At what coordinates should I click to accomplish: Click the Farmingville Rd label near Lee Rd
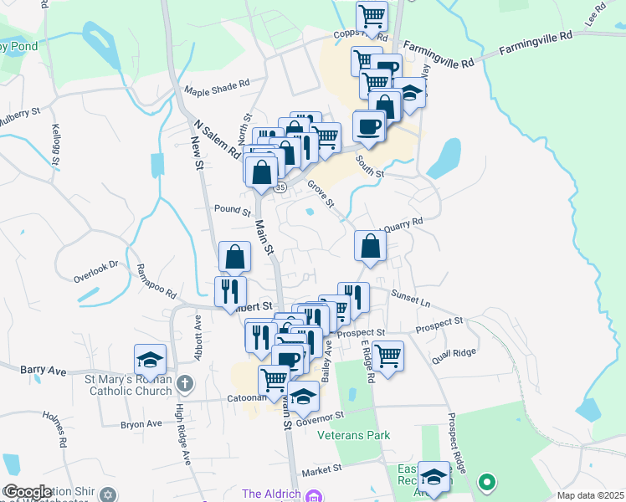pos(536,43)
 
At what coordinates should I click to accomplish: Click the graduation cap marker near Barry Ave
pos(149,360)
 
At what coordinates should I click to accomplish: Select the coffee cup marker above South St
pos(369,127)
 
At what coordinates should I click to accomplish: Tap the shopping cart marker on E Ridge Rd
pos(388,356)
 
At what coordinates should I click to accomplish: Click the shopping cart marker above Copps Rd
pos(372,14)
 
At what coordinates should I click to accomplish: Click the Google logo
pos(28,492)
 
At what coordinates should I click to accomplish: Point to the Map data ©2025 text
pos(590,495)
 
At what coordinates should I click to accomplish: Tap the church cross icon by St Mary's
pos(185,385)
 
